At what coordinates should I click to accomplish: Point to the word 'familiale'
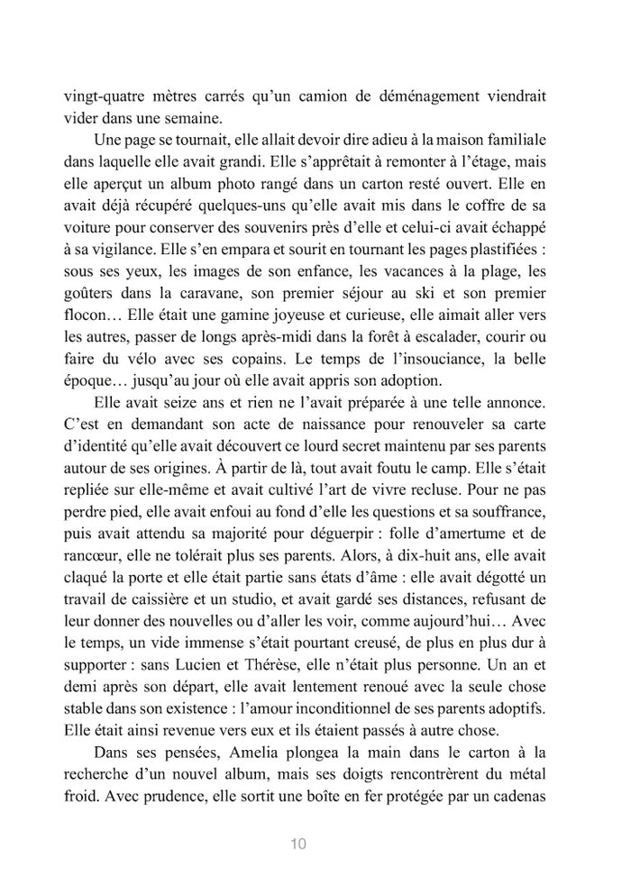coord(540,142)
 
